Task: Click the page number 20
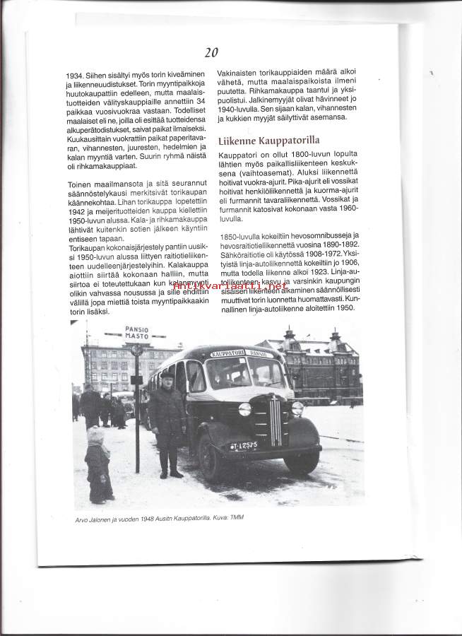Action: tap(212, 52)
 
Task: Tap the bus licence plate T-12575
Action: tap(244, 445)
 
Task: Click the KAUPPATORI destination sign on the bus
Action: tap(227, 353)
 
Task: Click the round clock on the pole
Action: tap(137, 350)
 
